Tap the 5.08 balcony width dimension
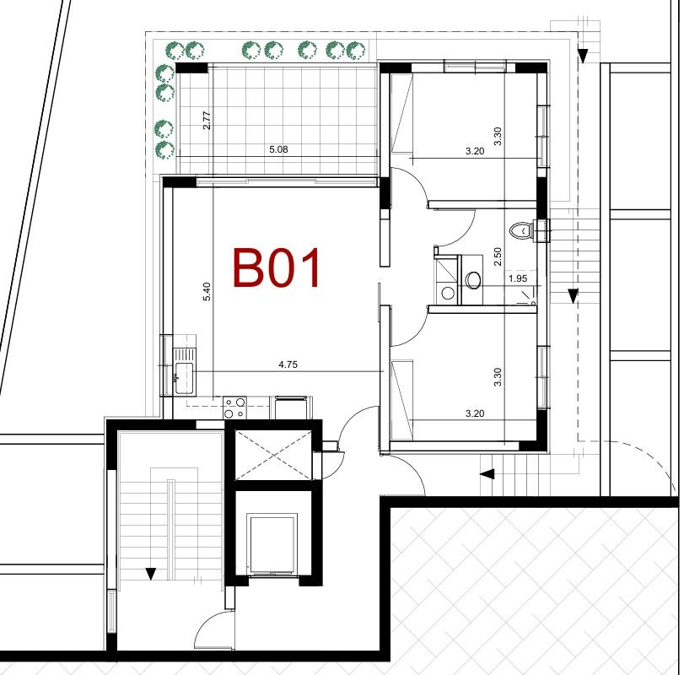[278, 149]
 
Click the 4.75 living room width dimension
[289, 365]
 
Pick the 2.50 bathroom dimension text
[498, 256]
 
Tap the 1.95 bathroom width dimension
[517, 278]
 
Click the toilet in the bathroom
[523, 229]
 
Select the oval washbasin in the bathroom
[473, 278]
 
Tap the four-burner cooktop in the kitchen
[235, 408]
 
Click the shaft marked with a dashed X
[272, 455]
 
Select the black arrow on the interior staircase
[151, 575]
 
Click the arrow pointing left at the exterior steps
[487, 475]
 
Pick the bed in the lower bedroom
[401, 398]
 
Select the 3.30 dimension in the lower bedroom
[498, 377]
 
